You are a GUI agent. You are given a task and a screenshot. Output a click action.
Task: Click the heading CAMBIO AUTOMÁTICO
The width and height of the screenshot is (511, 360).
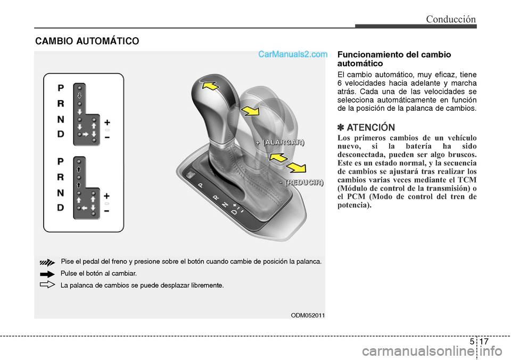87,40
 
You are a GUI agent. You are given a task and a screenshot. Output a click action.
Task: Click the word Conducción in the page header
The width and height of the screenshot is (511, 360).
450,19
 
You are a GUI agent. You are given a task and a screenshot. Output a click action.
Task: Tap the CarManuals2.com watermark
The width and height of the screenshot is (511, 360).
292,54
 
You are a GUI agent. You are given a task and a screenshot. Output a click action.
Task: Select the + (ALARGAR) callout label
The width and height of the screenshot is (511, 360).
279,142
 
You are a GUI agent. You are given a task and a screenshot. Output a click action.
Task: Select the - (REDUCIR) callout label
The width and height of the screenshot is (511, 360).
301,183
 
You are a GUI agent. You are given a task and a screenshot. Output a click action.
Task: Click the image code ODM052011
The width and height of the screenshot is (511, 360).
308,315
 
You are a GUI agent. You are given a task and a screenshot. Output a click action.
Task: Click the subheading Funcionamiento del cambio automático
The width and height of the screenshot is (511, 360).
386,59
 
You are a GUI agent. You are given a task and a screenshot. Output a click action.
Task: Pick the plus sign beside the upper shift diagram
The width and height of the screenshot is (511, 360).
107,121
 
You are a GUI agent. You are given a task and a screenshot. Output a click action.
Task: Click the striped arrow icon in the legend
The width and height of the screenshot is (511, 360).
47,262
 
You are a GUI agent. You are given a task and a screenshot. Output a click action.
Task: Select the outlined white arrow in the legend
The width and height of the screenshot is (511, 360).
47,285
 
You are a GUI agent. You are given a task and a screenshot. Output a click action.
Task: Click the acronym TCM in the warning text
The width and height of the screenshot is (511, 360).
466,179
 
